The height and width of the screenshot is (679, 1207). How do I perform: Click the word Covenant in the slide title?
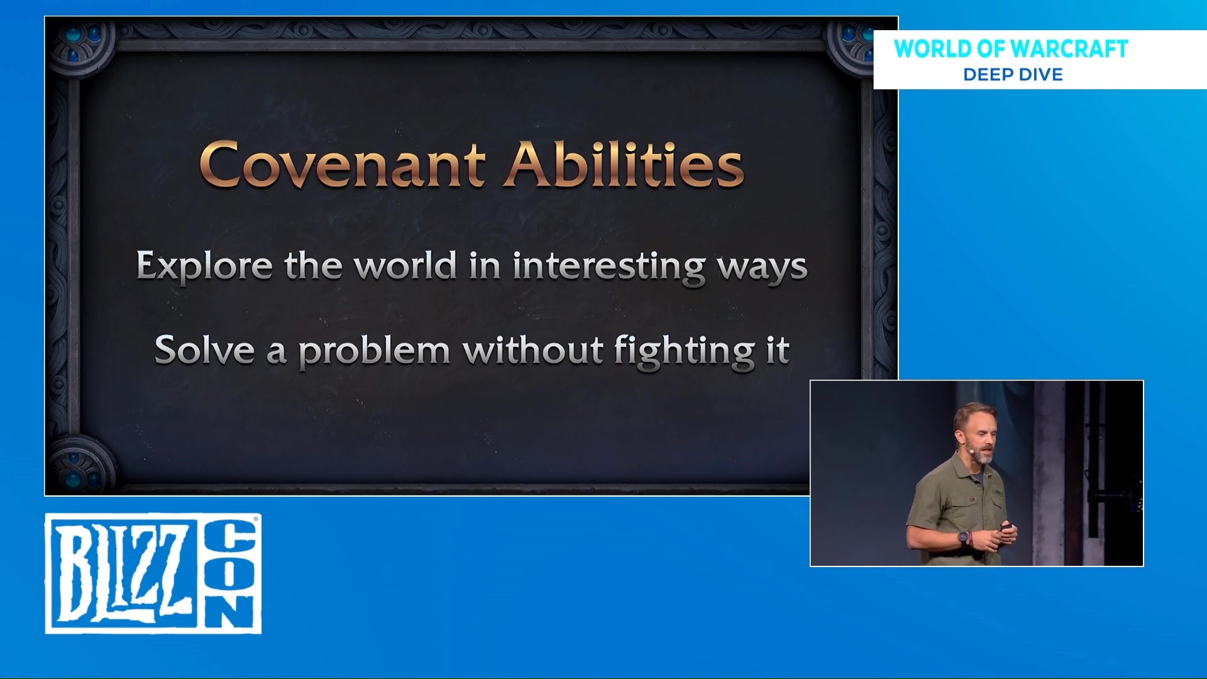click(343, 164)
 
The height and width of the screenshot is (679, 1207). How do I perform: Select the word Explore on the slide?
click(204, 267)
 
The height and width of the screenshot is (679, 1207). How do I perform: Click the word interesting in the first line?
click(609, 267)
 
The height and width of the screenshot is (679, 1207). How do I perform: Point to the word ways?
click(763, 269)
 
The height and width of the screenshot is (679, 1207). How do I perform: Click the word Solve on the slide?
click(204, 350)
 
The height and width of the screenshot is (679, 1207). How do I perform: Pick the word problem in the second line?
click(374, 352)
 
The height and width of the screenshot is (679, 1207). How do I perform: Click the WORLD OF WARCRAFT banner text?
click(1011, 49)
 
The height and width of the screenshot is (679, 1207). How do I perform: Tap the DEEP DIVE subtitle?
click(1013, 75)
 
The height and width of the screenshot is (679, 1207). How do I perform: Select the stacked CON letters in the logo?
click(230, 573)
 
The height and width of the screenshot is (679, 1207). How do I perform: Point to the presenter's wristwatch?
click(963, 538)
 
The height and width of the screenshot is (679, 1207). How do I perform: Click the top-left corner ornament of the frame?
click(80, 47)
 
